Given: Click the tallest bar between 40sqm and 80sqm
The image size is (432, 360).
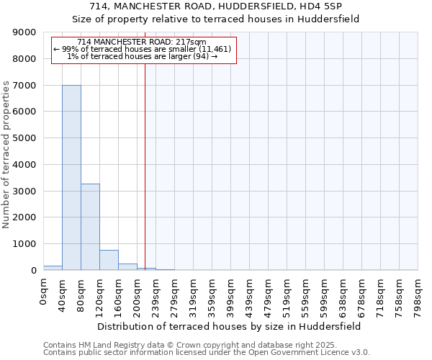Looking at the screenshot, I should click(x=71, y=177).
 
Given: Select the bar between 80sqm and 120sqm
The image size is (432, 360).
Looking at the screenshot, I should click(x=90, y=227).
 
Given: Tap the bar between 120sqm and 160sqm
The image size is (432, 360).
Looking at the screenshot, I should click(x=109, y=260).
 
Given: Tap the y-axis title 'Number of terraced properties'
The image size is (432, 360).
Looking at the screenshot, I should click(x=6, y=155).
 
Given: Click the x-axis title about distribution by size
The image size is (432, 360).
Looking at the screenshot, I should click(x=230, y=326).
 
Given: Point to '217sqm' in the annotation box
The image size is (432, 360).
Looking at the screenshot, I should click(x=192, y=42).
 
